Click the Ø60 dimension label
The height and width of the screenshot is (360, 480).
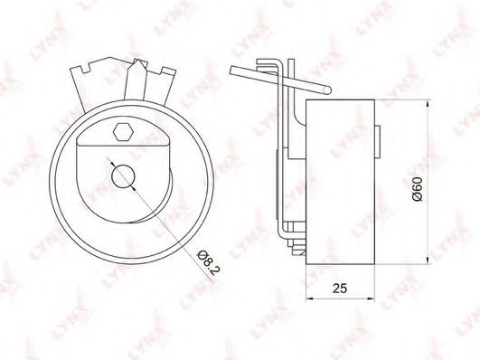point(417,189)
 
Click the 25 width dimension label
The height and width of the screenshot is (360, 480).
point(340,288)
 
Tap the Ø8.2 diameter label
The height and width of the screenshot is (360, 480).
point(209,262)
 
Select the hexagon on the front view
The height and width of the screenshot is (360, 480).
point(123,132)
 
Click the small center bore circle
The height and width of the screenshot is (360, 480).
point(123,176)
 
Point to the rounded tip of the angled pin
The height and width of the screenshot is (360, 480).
point(327,90)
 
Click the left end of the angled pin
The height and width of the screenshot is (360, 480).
point(231,71)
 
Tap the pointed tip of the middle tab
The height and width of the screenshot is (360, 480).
point(137,60)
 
